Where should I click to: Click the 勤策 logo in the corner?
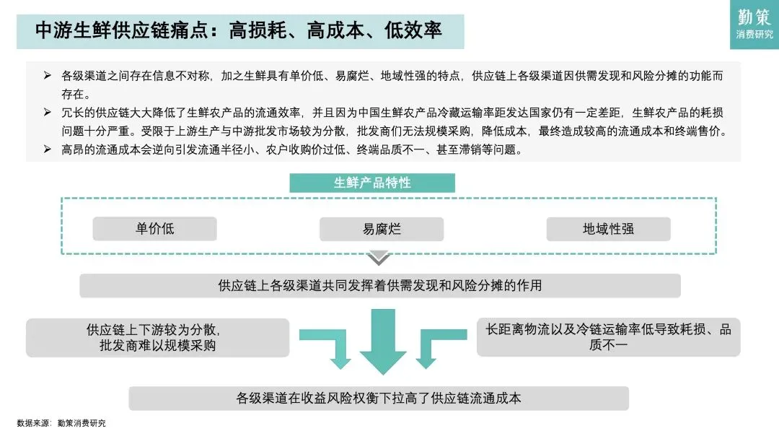754,24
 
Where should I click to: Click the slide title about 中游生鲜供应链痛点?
239,31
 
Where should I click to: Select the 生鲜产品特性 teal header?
372,183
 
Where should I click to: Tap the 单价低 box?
154,229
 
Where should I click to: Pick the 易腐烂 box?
382,230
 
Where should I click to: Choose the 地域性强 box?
608,229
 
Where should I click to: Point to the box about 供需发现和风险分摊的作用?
379,285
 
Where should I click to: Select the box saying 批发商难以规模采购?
157,337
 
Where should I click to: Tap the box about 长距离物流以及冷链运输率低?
608,337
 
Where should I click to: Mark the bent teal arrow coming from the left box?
328,347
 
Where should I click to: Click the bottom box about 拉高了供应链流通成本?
379,398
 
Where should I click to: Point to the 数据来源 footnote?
61,423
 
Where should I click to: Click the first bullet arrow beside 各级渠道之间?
48,76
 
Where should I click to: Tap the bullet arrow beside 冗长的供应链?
48,113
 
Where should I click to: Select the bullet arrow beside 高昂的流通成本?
48,149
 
